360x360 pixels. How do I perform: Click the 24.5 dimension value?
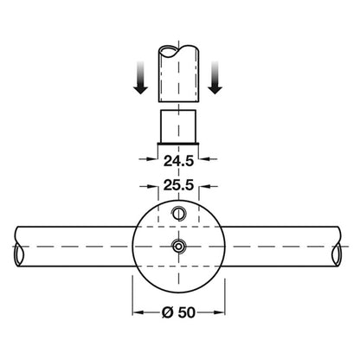pyautogui.click(x=178, y=161)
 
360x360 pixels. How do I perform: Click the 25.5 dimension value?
pyautogui.click(x=178, y=185)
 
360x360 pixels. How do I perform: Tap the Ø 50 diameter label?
pyautogui.click(x=178, y=312)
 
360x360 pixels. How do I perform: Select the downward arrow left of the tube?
pyautogui.click(x=140, y=77)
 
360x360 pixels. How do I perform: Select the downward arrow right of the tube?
pyautogui.click(x=215, y=77)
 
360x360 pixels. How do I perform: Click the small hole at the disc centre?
pyautogui.click(x=179, y=247)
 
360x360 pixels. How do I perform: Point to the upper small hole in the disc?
pyautogui.click(x=179, y=214)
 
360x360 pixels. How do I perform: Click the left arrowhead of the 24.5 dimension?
pyautogui.click(x=151, y=158)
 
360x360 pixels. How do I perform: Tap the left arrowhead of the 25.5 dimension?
pyautogui.click(x=152, y=187)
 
